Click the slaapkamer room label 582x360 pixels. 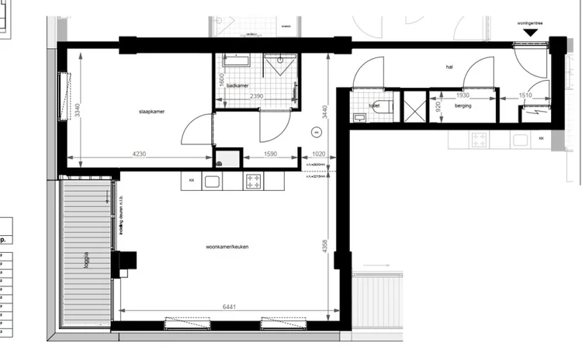[x=151, y=111]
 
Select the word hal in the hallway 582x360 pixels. [x=449, y=67]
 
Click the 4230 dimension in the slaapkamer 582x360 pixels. [x=140, y=154]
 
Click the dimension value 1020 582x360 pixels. [x=318, y=154]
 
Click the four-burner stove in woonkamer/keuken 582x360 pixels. [x=253, y=182]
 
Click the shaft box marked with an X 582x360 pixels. [x=415, y=108]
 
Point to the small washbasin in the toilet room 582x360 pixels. [x=358, y=118]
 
